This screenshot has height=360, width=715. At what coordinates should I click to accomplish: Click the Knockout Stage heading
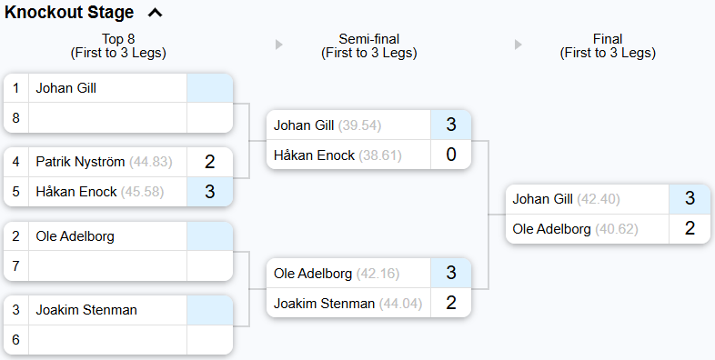(x=69, y=13)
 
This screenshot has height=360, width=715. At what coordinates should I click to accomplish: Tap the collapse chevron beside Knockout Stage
(x=155, y=13)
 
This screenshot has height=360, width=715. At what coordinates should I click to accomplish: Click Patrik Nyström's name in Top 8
(x=80, y=163)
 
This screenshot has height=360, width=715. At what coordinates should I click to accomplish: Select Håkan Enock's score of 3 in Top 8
(x=209, y=192)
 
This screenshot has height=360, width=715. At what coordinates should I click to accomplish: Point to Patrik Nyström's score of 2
(x=209, y=163)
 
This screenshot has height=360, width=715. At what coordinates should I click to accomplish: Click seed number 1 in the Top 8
(x=16, y=88)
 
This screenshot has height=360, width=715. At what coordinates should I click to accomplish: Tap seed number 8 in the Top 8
(x=16, y=117)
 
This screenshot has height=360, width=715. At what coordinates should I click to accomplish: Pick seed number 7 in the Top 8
(x=16, y=265)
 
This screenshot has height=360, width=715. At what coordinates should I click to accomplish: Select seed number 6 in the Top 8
(x=16, y=339)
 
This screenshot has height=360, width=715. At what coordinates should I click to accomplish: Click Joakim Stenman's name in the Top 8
(x=86, y=310)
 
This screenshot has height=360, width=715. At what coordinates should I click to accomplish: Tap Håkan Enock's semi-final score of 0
(x=450, y=155)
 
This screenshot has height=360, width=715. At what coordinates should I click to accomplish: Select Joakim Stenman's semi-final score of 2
(x=450, y=303)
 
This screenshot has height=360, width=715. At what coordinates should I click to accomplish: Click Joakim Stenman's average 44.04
(x=400, y=303)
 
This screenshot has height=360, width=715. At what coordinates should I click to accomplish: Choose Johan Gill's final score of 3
(x=690, y=199)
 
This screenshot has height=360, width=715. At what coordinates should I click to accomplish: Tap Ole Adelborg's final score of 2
(x=690, y=228)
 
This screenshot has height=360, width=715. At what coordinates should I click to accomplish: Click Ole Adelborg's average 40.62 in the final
(x=617, y=228)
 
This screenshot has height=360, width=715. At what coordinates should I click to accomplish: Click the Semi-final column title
(x=368, y=39)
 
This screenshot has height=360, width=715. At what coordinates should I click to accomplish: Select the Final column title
(x=608, y=39)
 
